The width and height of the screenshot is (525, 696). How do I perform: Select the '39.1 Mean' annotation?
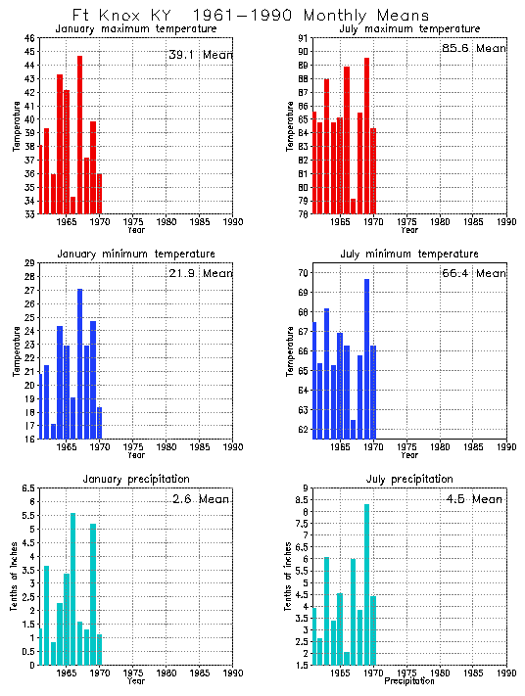point(200,55)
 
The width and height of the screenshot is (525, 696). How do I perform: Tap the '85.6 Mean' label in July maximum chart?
point(474,48)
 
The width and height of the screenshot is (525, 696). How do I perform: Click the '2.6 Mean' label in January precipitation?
point(200,498)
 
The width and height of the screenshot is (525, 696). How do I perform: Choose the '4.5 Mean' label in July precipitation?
point(474,498)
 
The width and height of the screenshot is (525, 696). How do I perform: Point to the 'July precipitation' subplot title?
point(410,479)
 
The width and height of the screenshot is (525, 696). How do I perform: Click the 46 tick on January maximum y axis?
point(29,38)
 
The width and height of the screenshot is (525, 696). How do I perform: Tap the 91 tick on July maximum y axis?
point(304,38)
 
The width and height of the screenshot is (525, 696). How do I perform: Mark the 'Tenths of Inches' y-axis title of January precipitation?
point(15,577)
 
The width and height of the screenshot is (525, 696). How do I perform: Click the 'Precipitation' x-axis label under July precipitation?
point(410,680)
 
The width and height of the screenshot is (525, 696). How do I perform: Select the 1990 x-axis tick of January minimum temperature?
point(232,446)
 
